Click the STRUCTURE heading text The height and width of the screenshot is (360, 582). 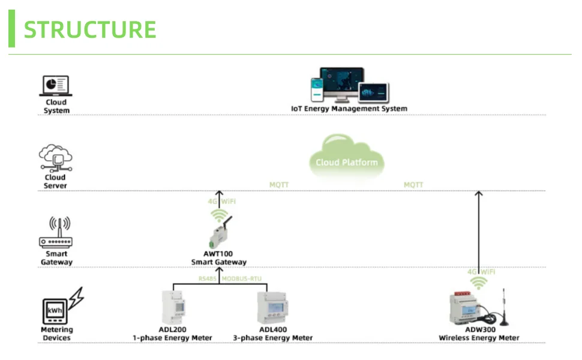coord(90,29)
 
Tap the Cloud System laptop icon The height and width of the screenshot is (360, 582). coord(56,86)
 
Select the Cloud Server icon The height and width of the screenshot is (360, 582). coord(56,158)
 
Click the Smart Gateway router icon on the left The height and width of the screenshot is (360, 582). coord(56,232)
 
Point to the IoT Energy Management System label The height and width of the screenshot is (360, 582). coord(349,109)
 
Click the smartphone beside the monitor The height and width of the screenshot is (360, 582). coord(317,90)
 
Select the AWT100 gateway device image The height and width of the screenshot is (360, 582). coord(220,233)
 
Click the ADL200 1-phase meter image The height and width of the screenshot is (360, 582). coord(173,308)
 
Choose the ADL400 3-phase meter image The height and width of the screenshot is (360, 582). coord(272,308)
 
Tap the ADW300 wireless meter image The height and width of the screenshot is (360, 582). coord(479,308)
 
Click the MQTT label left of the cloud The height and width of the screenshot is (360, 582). coord(279,185)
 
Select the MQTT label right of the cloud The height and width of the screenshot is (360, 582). coord(413,185)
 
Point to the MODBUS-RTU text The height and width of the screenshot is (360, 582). coord(242,279)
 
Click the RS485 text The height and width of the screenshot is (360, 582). coord(207,279)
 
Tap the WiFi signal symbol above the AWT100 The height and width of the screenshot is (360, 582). coord(220,215)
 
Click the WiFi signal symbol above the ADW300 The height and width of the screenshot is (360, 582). coord(479,283)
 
